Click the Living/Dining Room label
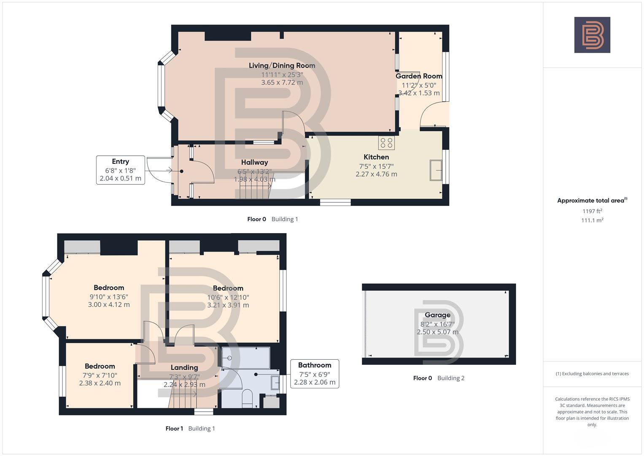point(282,65)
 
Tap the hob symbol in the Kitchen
point(386,143)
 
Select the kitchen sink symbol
point(436,171)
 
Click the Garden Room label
point(419,76)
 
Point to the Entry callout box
point(120,170)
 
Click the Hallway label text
point(254,162)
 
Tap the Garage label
point(437,315)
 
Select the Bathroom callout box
point(315,374)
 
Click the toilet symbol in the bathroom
point(247,399)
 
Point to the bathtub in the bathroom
point(246,358)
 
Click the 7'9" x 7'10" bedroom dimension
point(100,375)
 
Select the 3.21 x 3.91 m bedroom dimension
point(228,305)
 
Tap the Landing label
point(184,367)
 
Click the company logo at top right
point(592,35)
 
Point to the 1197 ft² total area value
point(592,211)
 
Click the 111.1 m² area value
point(592,220)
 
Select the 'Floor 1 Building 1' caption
point(190,429)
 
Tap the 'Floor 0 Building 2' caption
point(439,378)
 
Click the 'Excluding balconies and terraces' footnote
point(592,374)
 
